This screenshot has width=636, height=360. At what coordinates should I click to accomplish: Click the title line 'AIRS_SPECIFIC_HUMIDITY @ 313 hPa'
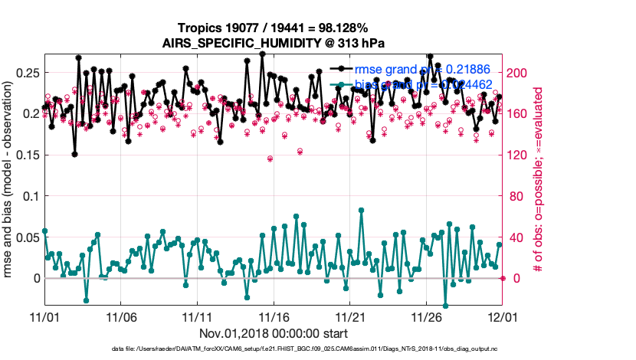273,43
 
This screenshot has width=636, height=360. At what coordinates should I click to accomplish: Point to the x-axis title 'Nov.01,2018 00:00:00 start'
274,334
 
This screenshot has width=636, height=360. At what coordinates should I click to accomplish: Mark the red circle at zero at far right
503,278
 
